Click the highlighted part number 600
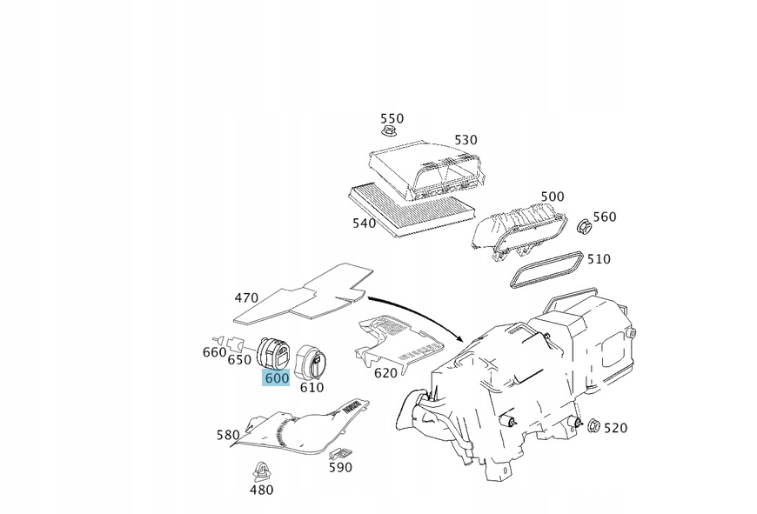277,378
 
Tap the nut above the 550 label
389,133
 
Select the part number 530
466,139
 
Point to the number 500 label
552,197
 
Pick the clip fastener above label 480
260,472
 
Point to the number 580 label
228,435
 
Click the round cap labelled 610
311,360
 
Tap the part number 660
215,351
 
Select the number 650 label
240,359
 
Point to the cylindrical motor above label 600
278,353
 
